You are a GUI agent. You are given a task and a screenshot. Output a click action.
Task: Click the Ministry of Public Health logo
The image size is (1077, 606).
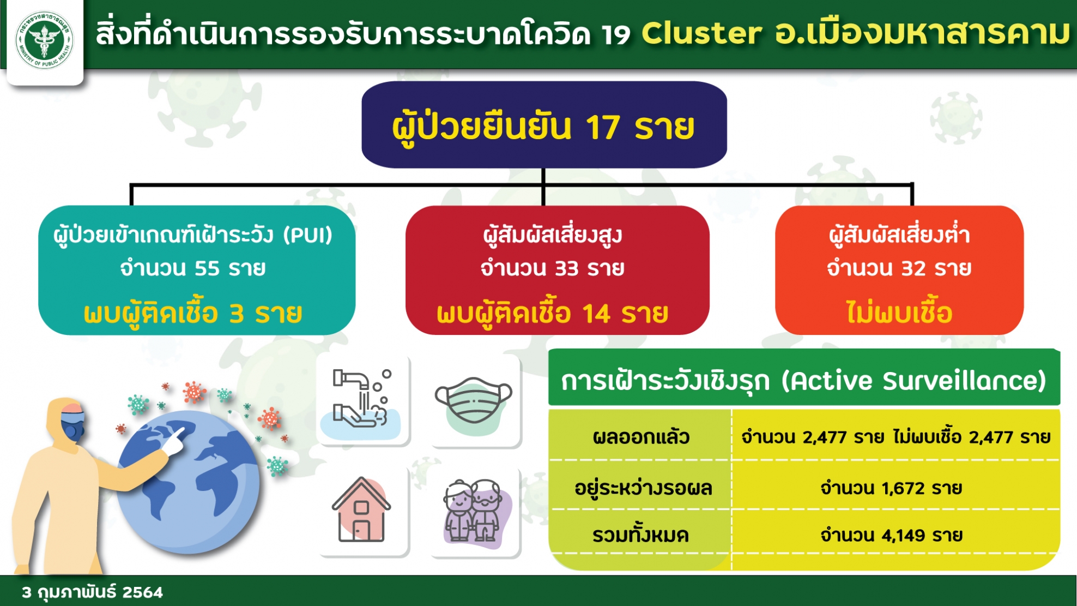point(44,40)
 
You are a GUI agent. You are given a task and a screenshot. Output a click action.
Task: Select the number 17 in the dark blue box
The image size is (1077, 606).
point(603,127)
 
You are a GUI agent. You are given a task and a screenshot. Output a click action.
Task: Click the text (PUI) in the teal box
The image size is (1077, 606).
point(308,235)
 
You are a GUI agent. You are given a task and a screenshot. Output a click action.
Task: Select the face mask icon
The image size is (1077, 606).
point(474,401)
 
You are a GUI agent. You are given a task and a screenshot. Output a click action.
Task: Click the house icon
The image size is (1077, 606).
point(361,510)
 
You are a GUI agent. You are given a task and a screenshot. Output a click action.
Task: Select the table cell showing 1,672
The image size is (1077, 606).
point(891,487)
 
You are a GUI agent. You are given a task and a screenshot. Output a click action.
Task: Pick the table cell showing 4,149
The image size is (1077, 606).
point(891,535)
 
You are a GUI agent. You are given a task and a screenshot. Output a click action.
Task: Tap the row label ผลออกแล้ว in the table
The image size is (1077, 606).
point(641,437)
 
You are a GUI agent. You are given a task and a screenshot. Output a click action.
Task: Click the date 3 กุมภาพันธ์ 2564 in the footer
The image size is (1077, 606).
point(92,592)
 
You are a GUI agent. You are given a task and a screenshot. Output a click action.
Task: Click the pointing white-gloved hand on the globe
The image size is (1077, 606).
point(175,440)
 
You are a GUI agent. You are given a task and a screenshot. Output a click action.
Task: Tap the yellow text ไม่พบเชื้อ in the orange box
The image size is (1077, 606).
point(899,313)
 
